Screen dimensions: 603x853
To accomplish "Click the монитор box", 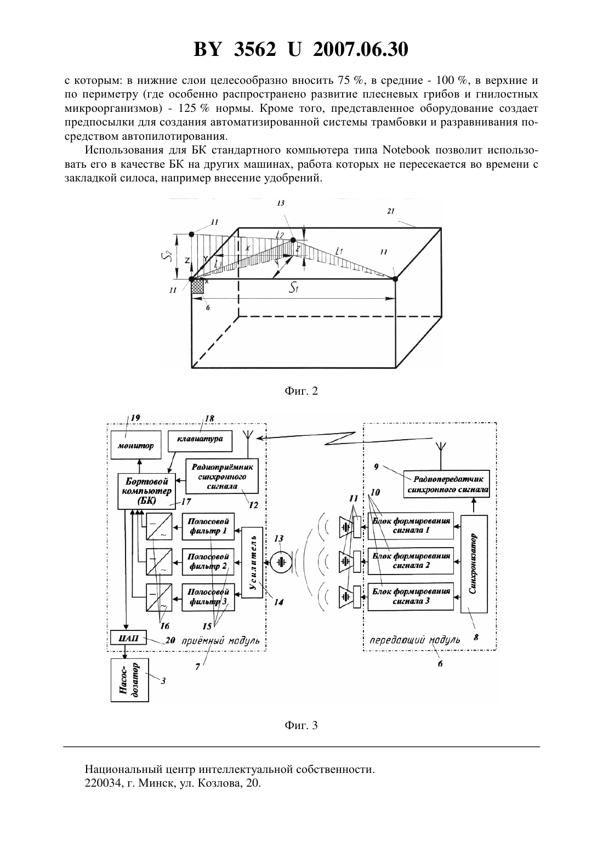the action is tap(135, 445).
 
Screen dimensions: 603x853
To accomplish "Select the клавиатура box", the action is tap(200, 439).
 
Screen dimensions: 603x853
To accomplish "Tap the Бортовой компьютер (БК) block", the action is tap(146, 491).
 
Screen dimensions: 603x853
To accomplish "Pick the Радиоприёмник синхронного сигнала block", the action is tap(222, 476).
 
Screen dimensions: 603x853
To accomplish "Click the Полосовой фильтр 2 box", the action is tap(208, 562).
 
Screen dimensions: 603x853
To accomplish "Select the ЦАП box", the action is tap(128, 638).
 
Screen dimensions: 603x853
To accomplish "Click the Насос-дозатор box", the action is tap(129, 680).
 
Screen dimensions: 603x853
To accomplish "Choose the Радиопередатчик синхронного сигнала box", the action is tap(446, 484).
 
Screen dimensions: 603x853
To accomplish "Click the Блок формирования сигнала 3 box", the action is tap(411, 596).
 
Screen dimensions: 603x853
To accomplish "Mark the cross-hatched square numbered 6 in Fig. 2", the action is tap(197, 286).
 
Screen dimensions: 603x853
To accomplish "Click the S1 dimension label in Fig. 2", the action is tap(293, 288).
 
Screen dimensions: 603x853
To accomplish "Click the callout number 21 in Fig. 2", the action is tap(390, 211).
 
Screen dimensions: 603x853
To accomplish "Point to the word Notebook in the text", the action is tap(406, 150).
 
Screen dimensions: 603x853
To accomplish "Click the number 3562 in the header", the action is tap(255, 49).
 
